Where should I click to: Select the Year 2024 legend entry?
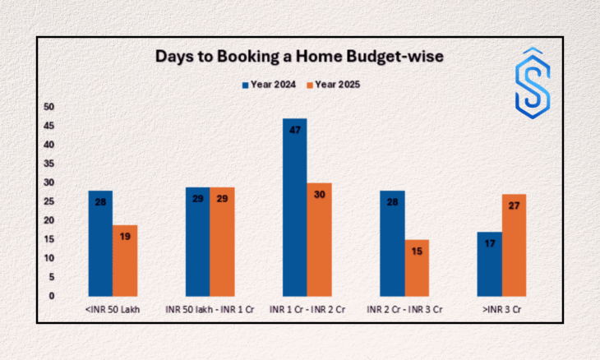coord(271,85)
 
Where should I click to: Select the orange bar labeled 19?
coord(125,260)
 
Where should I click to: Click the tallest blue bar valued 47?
coord(295,207)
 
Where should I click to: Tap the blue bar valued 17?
coord(490,264)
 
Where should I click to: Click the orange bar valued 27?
coord(515,245)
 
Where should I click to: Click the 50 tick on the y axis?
coord(48,107)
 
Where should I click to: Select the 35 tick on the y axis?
coord(48,164)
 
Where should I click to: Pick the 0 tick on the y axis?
coord(51,296)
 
